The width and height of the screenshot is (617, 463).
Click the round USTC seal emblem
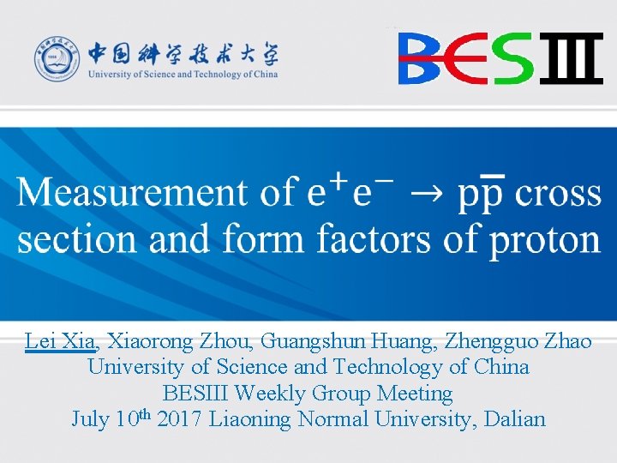coord(56,60)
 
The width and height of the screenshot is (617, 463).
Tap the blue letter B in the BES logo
coord(421,58)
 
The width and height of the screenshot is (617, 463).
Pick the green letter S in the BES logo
coord(513,58)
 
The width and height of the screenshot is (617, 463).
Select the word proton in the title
coord(543,239)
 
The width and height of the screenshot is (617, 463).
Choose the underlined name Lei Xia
coord(60,341)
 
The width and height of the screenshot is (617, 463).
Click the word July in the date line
coord(89,420)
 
